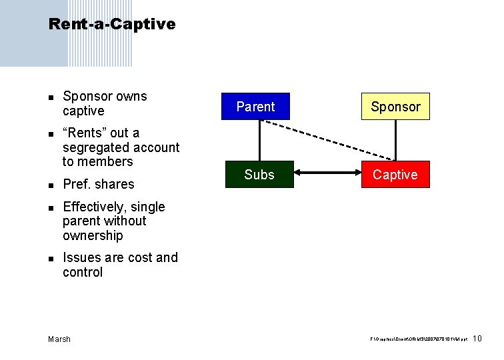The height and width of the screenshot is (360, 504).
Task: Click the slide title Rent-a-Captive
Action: click(x=112, y=25)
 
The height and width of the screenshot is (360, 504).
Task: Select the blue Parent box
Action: click(x=256, y=107)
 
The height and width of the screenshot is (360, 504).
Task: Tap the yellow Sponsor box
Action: click(x=396, y=107)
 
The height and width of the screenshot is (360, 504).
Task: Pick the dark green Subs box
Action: click(x=259, y=175)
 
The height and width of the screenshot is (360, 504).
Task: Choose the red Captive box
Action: click(x=395, y=175)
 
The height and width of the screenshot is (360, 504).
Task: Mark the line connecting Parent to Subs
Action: click(x=259, y=141)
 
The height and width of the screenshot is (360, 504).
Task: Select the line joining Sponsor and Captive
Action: click(x=396, y=141)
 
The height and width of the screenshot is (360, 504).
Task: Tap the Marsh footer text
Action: click(x=59, y=339)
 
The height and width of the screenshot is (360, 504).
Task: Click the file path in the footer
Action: click(x=418, y=340)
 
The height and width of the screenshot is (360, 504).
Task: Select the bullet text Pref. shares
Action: click(x=99, y=185)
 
